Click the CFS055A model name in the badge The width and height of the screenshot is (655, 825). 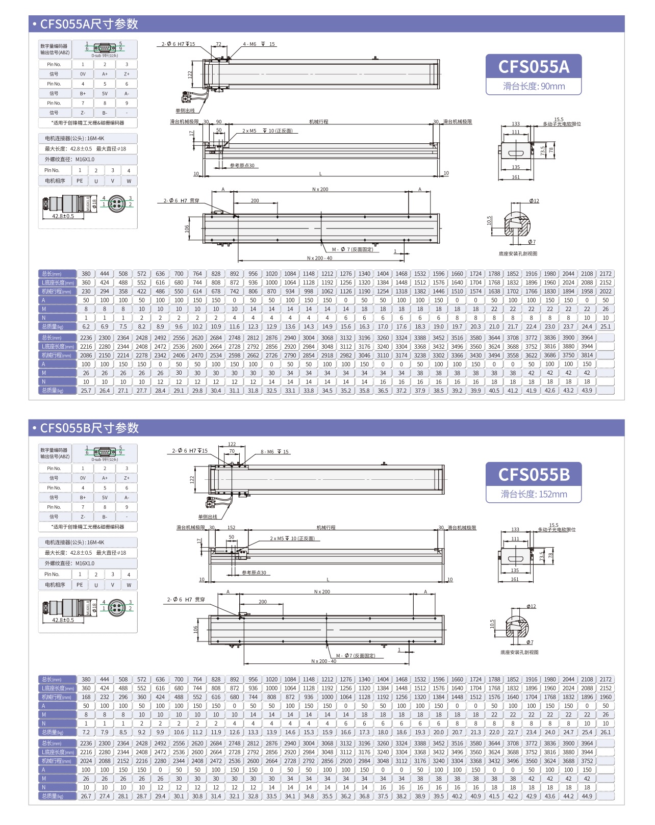534,67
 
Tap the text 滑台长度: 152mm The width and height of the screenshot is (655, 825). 534,494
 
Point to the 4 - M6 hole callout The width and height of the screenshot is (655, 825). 259,44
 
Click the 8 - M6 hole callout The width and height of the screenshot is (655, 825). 274,452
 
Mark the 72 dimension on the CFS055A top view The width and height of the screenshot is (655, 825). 219,44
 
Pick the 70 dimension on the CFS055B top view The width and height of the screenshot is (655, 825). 232,451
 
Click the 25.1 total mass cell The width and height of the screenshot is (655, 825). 606,327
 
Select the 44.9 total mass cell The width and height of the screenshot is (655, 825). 587,796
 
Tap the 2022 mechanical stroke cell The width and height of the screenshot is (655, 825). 606,292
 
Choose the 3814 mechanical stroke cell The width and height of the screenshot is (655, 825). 587,355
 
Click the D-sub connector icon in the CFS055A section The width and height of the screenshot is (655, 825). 105,49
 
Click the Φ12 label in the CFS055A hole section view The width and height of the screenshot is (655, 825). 534,201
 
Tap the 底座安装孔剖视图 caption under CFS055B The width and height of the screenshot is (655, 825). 519,652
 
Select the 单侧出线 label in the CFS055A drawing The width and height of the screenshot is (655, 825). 185,111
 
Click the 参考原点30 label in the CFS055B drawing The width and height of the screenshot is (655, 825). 254,573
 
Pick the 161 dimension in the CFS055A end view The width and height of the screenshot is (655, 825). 516,177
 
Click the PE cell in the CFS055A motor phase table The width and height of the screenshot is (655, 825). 80,181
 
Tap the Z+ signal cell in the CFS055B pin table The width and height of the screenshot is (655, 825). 127,478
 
